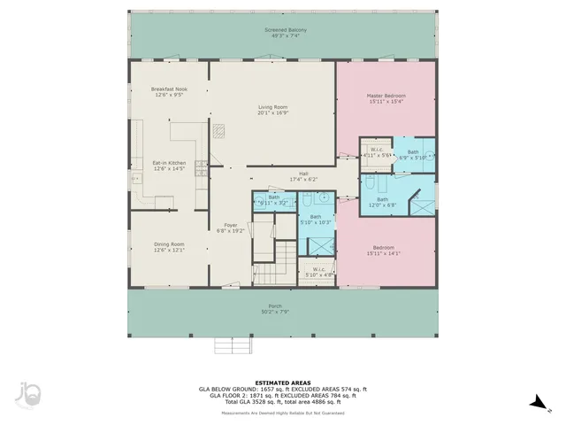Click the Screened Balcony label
(x=283, y=34)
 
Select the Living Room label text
(x=272, y=110)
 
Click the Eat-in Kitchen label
(x=168, y=166)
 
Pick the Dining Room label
(x=168, y=247)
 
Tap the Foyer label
(x=230, y=228)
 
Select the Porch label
(x=272, y=310)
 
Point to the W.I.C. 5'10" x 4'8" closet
(x=318, y=272)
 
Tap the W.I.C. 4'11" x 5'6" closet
(x=377, y=152)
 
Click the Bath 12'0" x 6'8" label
(x=382, y=202)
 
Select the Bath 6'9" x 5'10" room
(x=413, y=154)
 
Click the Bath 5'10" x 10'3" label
(x=315, y=220)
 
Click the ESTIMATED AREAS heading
(x=282, y=382)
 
